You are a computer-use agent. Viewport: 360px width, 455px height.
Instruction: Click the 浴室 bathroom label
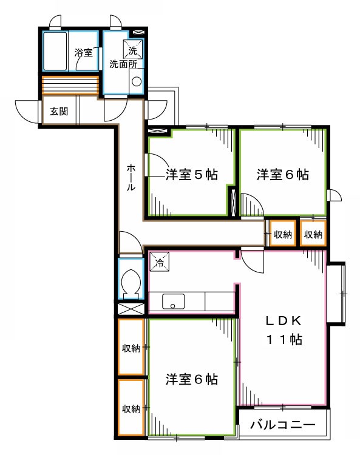click(x=84, y=53)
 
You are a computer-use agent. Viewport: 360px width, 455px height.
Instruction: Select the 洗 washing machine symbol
click(x=133, y=48)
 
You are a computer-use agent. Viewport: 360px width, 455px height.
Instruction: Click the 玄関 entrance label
click(x=59, y=111)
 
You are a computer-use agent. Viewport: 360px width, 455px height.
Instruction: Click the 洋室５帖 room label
click(x=192, y=175)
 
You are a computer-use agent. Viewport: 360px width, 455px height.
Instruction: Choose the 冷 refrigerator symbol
click(x=159, y=262)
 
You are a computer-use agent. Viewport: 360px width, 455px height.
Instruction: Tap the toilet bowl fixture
click(x=130, y=282)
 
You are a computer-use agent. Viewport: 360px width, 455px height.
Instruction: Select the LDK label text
click(x=282, y=321)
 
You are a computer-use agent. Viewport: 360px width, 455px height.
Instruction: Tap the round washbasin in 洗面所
click(x=137, y=81)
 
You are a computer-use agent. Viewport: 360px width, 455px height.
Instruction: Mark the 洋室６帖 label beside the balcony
click(x=192, y=380)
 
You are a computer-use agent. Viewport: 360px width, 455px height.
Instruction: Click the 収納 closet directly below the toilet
click(x=131, y=348)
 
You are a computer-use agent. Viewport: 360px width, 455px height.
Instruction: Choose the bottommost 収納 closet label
click(x=131, y=408)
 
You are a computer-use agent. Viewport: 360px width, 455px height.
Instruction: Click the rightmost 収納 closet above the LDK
click(x=313, y=234)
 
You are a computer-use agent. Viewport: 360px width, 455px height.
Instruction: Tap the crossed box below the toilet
click(x=131, y=308)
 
